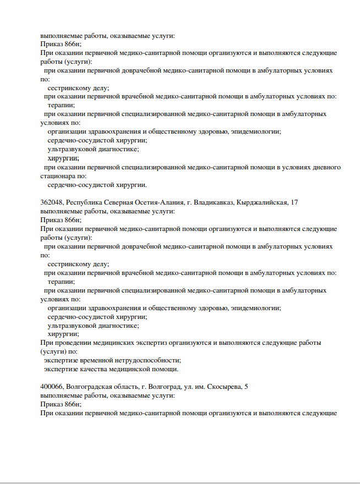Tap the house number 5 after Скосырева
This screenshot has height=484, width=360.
coord(246,387)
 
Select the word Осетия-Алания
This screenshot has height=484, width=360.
coord(156,202)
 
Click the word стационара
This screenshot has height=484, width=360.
coord(58,176)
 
